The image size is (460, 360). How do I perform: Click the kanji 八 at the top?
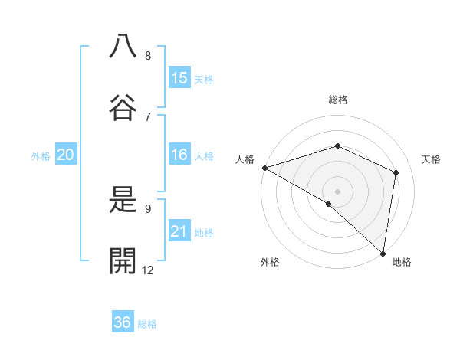coord(123,46)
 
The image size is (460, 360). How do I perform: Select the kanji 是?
coord(123,200)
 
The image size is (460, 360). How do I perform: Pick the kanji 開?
coord(123,261)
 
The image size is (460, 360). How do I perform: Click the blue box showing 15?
coord(179,78)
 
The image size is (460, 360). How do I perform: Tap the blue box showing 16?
coord(179,155)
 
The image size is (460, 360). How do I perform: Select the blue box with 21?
coord(179,231)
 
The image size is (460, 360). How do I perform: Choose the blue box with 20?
coord(66,155)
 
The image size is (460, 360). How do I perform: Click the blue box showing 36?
coord(123,322)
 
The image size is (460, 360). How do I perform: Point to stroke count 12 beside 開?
coord(148,270)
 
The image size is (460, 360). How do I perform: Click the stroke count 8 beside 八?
coord(148,55)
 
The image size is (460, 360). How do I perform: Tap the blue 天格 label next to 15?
coord(204,79)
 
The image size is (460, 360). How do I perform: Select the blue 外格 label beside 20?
coord(41,155)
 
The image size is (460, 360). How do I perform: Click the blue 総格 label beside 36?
coord(147,323)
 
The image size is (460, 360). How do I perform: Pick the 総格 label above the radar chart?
coord(338,100)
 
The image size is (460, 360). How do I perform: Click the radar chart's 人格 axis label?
coord(245,159)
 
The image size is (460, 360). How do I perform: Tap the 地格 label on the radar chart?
coord(402,262)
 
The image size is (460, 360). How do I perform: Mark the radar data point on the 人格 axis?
coord(264,168)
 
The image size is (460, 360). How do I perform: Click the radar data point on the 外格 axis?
coord(329,204)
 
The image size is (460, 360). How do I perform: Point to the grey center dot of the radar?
coord(338,191)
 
